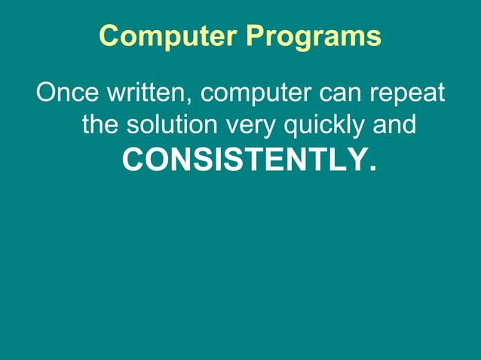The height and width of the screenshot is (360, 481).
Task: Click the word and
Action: (x=395, y=124)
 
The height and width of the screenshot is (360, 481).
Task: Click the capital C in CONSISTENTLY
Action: (x=133, y=159)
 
